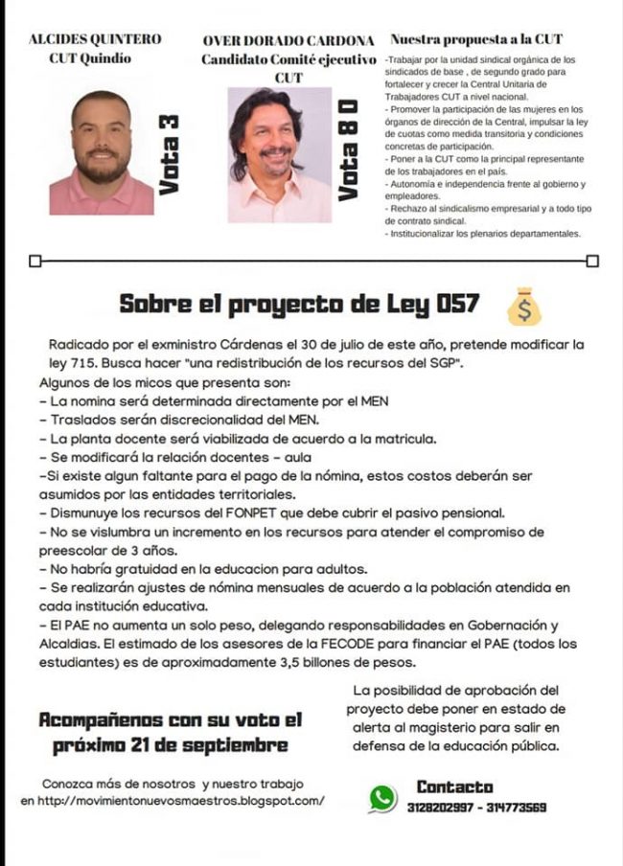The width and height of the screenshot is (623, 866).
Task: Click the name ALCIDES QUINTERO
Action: [95, 39]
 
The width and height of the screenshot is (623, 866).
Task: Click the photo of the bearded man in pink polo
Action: [101, 153]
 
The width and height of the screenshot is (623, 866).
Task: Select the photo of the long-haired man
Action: [278, 155]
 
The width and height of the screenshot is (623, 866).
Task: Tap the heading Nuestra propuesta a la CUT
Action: [476, 40]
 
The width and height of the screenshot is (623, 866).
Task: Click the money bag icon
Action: [523, 306]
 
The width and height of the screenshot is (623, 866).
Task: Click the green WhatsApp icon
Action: [382, 797]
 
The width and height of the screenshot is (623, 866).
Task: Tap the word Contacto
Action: [455, 786]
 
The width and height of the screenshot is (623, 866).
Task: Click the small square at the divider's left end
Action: [35, 261]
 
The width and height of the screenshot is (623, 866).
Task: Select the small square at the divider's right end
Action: [591, 261]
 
